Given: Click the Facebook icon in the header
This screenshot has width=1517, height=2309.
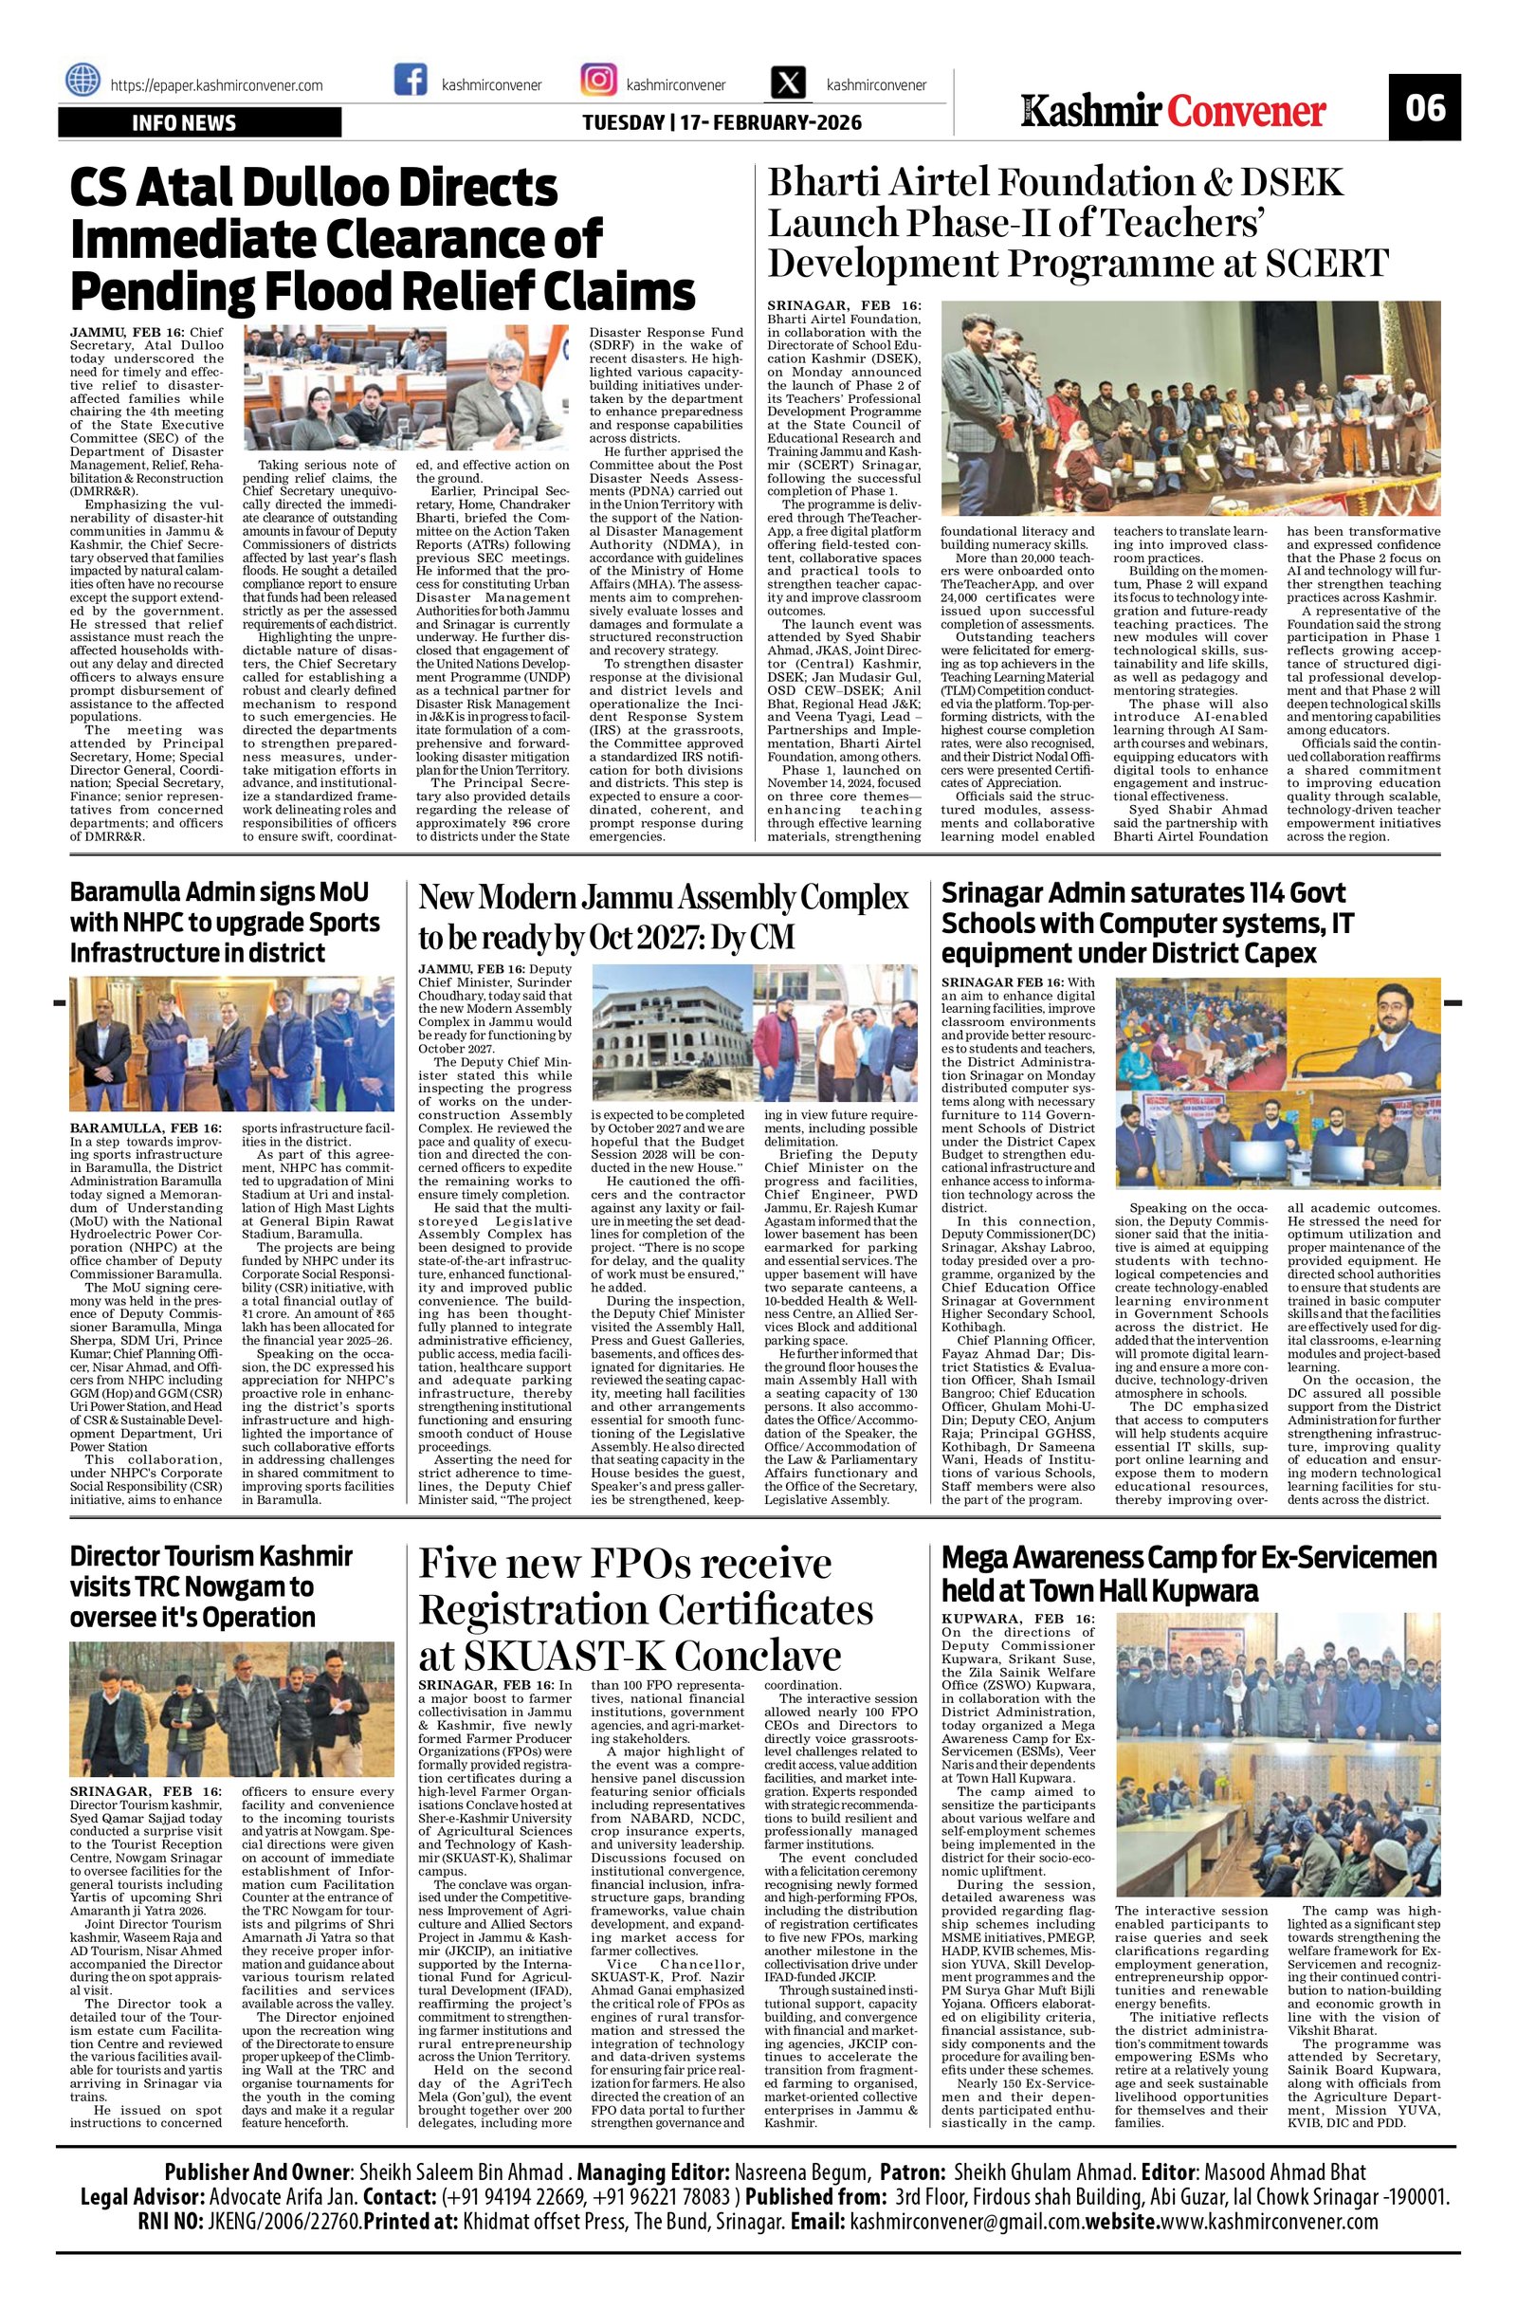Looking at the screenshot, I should click(x=411, y=80).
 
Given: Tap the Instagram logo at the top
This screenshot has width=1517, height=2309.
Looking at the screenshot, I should click(x=598, y=80).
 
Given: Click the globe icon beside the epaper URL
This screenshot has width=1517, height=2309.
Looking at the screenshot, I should click(x=83, y=80).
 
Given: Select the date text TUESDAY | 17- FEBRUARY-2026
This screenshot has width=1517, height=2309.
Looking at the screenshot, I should click(x=722, y=123).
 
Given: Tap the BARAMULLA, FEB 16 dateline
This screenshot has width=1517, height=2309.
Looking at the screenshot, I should click(x=145, y=1128).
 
